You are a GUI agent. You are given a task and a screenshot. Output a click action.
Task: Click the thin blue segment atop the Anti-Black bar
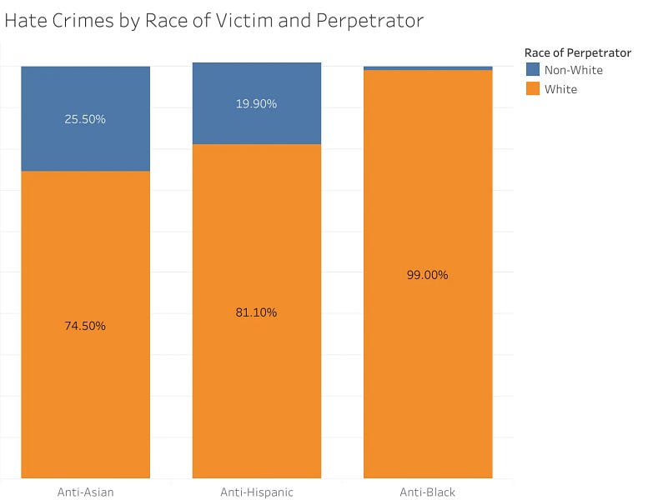[x=428, y=67]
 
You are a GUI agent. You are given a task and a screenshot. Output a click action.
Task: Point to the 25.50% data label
[x=85, y=119]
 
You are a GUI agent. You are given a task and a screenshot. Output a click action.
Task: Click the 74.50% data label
[x=85, y=326]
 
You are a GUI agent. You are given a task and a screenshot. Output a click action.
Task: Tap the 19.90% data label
[x=256, y=104]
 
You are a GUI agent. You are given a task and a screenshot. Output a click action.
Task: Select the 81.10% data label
[x=256, y=312]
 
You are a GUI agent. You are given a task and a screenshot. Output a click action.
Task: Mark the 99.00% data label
[x=428, y=275]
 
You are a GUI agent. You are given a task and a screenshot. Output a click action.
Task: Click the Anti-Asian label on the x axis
[x=85, y=492]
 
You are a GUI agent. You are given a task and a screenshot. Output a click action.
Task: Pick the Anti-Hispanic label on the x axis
[x=256, y=492]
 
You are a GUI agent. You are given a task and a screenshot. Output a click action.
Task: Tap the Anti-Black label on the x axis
[x=428, y=492]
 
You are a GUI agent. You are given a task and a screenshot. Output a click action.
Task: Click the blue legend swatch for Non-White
[x=533, y=70]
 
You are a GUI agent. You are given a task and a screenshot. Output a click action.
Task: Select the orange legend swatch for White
[x=533, y=88]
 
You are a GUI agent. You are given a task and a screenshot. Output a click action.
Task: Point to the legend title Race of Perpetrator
[x=578, y=52]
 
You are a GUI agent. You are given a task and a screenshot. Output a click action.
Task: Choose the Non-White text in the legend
[x=573, y=70]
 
